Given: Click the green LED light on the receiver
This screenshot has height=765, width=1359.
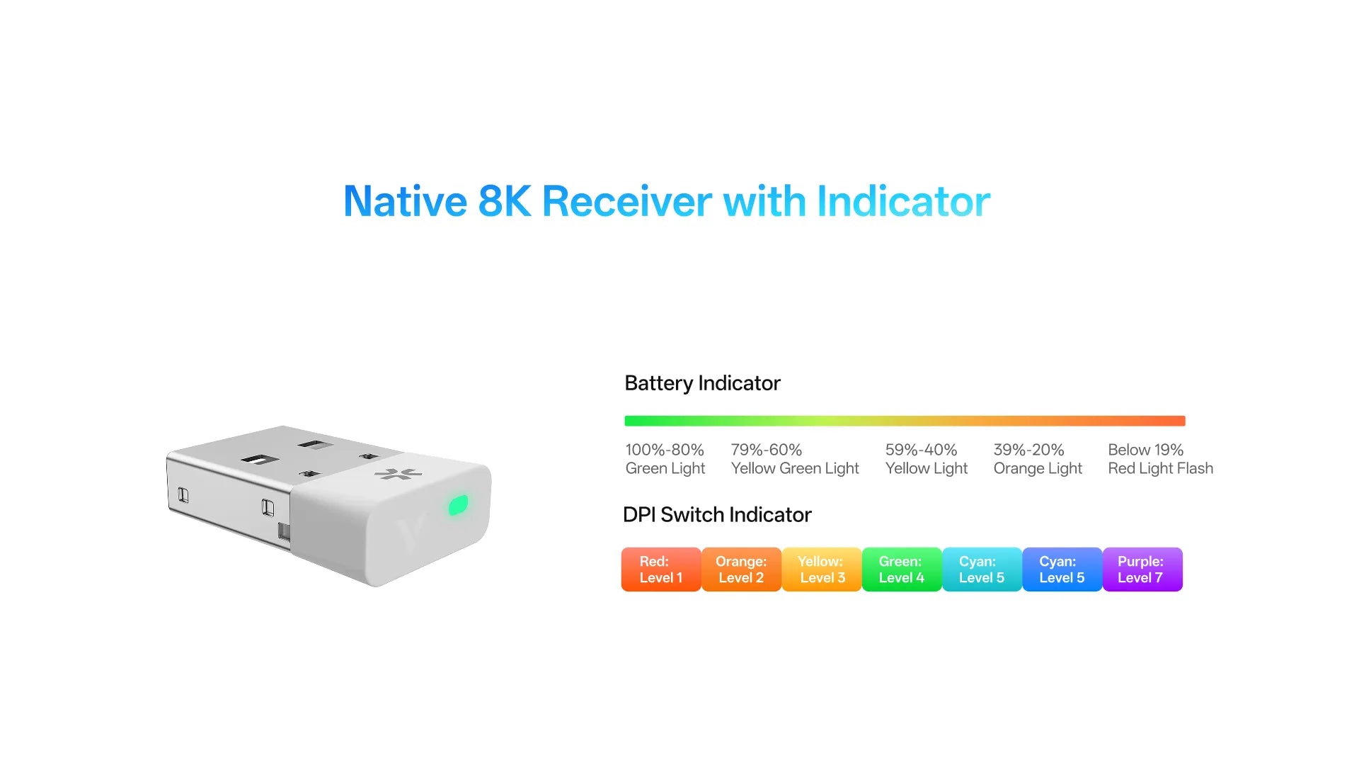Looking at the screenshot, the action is pyautogui.click(x=459, y=505).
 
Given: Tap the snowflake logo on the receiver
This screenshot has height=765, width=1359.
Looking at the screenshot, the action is pyautogui.click(x=398, y=474).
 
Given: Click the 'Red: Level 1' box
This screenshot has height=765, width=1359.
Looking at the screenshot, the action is pyautogui.click(x=661, y=569).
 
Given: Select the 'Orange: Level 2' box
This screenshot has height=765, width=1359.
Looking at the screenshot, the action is pyautogui.click(x=741, y=569).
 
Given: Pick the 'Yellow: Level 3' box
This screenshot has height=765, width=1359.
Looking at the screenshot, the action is pyautogui.click(x=822, y=569).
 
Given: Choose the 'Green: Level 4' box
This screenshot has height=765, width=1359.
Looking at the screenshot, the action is pyautogui.click(x=902, y=569).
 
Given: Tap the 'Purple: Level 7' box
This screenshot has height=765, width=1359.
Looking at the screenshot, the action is pyautogui.click(x=1142, y=569).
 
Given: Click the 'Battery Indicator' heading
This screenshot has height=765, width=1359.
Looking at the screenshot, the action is pyautogui.click(x=702, y=383).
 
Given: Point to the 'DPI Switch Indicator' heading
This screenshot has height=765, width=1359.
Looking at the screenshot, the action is pyautogui.click(x=717, y=515).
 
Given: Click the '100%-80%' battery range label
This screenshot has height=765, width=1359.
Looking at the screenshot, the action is pyautogui.click(x=665, y=450).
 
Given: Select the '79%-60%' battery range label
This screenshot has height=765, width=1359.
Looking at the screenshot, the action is pyautogui.click(x=767, y=450).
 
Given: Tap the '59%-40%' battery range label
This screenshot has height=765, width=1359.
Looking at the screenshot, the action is pyautogui.click(x=921, y=450).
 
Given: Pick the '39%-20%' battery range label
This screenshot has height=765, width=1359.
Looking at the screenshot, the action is pyautogui.click(x=1028, y=450).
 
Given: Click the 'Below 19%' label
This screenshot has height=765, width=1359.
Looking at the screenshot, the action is pyautogui.click(x=1145, y=450).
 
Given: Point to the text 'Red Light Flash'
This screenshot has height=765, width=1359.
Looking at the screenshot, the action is pyautogui.click(x=1161, y=468).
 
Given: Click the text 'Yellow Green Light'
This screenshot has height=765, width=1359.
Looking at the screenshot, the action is pyautogui.click(x=795, y=468).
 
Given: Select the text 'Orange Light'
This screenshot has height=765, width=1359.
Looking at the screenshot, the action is pyautogui.click(x=1038, y=468).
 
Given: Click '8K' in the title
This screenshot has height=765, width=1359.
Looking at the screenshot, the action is pyautogui.click(x=505, y=201).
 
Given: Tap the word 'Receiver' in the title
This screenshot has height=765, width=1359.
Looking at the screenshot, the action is pyautogui.click(x=627, y=201).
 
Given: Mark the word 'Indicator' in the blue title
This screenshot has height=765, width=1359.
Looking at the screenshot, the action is pyautogui.click(x=904, y=201).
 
